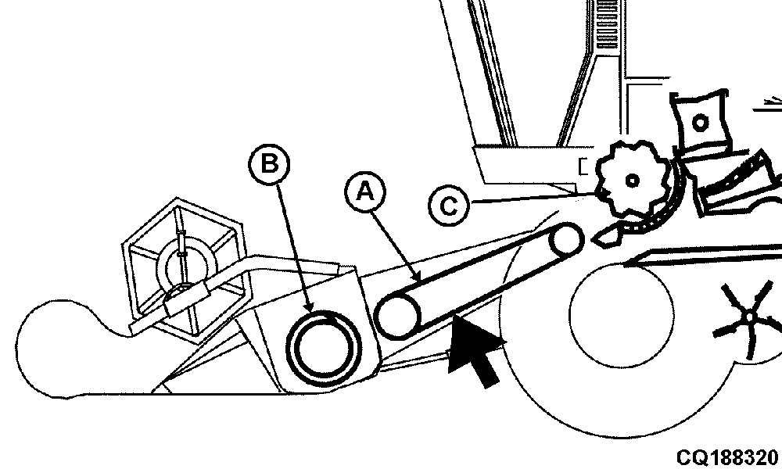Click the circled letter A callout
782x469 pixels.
[x=365, y=192]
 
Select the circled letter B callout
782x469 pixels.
[x=269, y=163]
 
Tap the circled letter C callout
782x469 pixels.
[x=449, y=206]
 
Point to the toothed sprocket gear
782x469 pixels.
[x=633, y=180]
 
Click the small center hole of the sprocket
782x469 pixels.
[x=632, y=180]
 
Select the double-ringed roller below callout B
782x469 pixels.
[x=325, y=348]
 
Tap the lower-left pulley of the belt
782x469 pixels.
[x=397, y=316]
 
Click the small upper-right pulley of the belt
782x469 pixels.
[x=565, y=240]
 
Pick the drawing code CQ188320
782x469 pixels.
[x=726, y=456]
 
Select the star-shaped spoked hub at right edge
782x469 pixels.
[x=751, y=317]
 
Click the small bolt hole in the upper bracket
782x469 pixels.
[x=700, y=122]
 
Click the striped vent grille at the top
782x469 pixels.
[x=607, y=25]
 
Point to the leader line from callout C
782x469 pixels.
[x=533, y=198]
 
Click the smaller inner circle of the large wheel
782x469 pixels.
[x=622, y=316]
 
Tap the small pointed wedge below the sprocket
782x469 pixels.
[x=605, y=235]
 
